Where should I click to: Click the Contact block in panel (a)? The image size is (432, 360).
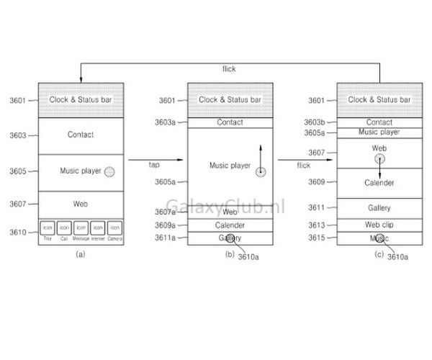coord(81,135)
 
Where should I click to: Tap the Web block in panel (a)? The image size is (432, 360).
coord(81,204)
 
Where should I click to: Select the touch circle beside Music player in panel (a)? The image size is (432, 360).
coord(109,171)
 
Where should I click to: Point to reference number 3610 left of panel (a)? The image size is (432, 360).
coord(18,232)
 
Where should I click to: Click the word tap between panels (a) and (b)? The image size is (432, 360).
coord(154,165)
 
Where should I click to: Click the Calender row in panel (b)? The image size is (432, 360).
coord(230,225)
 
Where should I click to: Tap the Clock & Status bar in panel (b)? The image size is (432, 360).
coord(230,99)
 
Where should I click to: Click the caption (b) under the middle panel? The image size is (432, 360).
coord(230,253)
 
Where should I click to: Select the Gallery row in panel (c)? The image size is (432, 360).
coord(379,207)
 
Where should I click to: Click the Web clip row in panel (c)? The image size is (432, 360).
coord(379,224)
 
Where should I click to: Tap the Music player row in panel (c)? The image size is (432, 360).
coord(379,132)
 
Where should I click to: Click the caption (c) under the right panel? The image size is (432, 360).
coord(379,253)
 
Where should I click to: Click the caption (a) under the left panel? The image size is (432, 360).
coord(80,253)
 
